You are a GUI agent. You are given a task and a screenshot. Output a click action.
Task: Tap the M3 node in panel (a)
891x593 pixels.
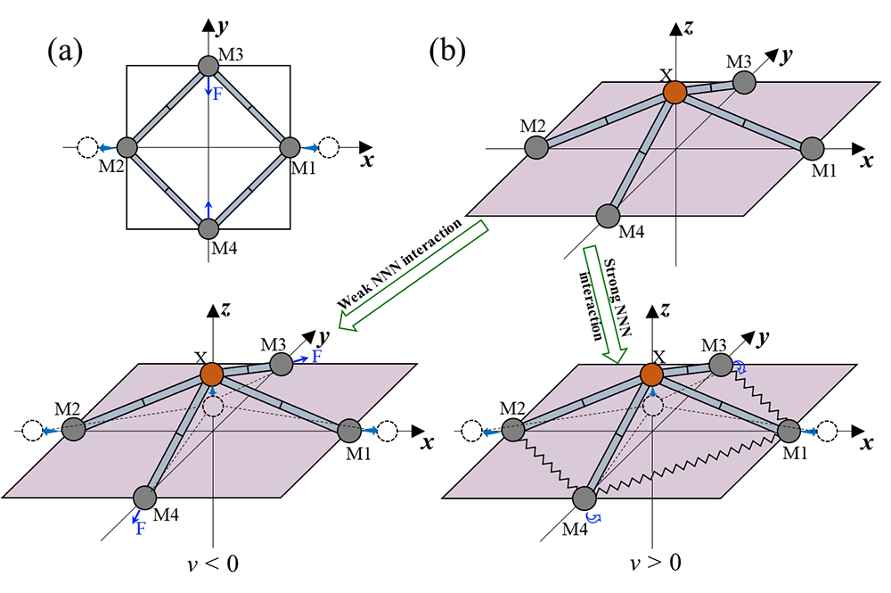point(207,66)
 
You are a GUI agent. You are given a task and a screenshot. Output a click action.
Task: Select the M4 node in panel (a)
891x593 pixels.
point(207,228)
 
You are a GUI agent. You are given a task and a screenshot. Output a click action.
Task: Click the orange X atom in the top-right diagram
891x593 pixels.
point(674,91)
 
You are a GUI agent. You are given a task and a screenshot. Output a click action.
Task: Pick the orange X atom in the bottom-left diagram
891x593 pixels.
point(211,374)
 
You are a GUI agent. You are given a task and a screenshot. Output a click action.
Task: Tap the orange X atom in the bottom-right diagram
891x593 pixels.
point(655,374)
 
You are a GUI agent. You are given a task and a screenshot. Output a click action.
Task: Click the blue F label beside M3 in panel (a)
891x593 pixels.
point(217,92)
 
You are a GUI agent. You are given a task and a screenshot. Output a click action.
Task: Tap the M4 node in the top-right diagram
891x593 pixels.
point(607,215)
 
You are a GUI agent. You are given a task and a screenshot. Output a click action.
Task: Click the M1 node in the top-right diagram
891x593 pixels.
point(812,149)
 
